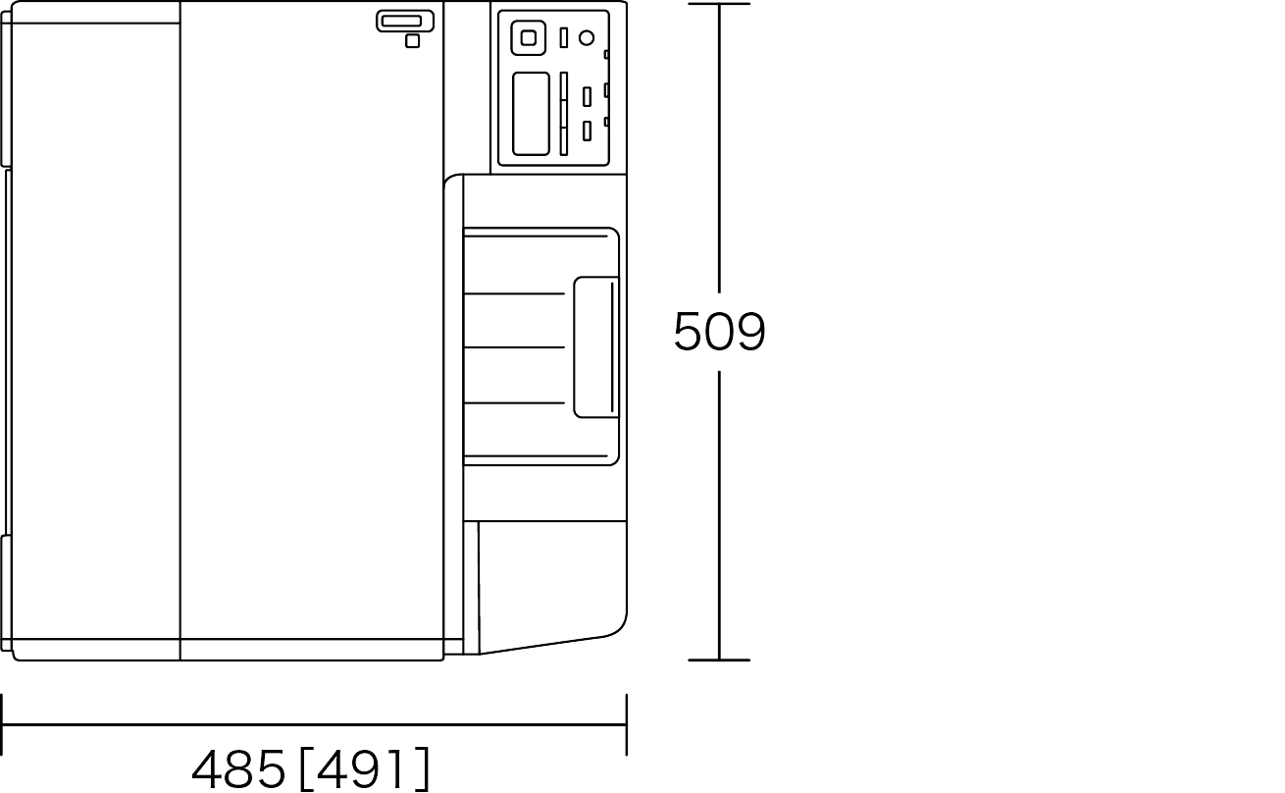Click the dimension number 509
[719, 331]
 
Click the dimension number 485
[238, 768]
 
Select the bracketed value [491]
[365, 768]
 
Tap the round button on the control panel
[587, 38]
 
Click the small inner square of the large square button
[529, 38]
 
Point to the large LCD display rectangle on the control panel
[531, 114]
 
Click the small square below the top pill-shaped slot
[412, 41]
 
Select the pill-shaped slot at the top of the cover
[405, 22]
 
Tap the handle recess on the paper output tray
[596, 347]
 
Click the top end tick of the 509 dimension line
[719, 4]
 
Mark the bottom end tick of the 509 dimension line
[719, 660]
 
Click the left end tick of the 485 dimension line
[2, 724]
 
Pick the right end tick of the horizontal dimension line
[627, 724]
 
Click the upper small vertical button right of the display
[587, 96]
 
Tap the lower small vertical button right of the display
[587, 131]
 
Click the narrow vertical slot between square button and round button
[564, 38]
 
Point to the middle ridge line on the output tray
[514, 347]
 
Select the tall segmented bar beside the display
[564, 114]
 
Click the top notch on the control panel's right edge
[606, 55]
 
